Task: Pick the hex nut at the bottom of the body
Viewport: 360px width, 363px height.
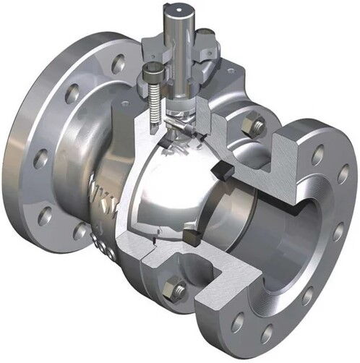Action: tap(176, 289)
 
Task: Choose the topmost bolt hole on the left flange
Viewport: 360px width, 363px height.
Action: tap(117, 62)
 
